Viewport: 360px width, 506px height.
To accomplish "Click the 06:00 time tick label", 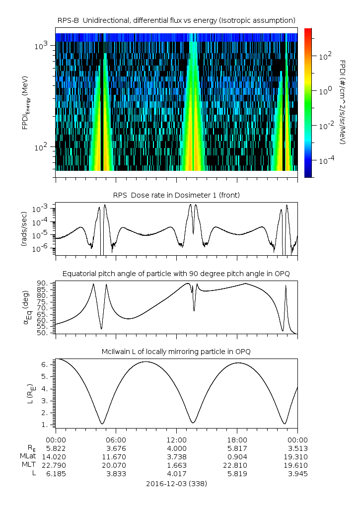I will pos(116,439).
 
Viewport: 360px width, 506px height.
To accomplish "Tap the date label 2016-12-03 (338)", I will pos(177,483).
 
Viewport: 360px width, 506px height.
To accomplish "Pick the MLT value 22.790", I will pos(56,465).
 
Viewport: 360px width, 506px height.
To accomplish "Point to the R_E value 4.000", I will pos(176,448).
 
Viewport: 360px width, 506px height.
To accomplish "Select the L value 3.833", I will pos(116,473).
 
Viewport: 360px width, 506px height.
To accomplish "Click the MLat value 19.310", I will pos(297,456).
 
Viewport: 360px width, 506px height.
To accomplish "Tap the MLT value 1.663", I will pos(176,465).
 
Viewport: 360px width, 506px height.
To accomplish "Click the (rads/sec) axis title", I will pos(23,228).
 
